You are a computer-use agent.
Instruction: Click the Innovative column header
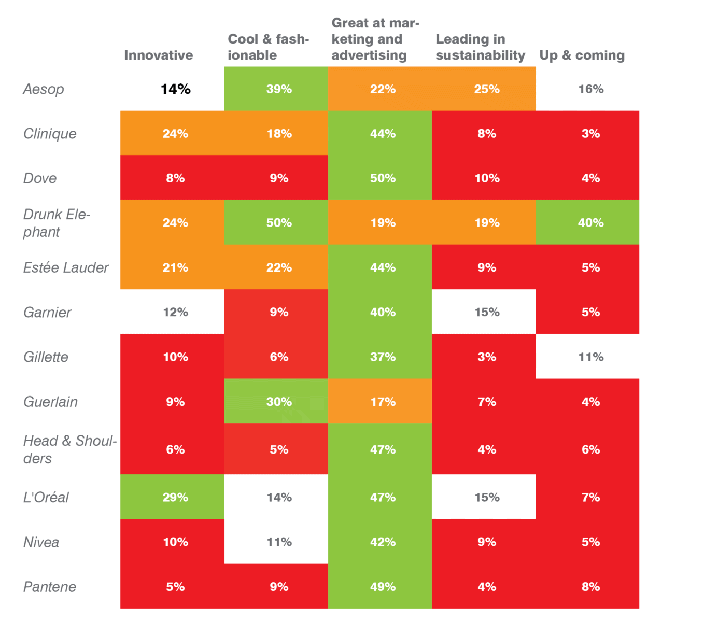tap(158, 55)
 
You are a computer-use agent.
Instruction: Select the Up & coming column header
tap(582, 55)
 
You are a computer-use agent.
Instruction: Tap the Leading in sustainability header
tap(480, 47)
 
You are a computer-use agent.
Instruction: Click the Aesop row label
tap(44, 89)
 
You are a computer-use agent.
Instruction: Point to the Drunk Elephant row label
tap(57, 223)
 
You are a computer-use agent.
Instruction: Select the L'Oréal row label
tap(46, 498)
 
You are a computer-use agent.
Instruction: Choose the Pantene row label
tap(50, 587)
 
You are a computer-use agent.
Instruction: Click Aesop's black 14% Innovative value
tap(175, 89)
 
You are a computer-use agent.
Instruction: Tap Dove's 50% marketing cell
tap(383, 178)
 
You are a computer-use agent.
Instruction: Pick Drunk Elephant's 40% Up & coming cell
tap(590, 223)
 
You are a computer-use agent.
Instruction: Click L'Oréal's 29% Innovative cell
tap(175, 498)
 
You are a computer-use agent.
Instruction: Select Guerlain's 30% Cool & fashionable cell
tap(279, 402)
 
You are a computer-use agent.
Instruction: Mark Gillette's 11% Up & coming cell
tap(590, 357)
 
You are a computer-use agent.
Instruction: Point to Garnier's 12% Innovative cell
tap(175, 313)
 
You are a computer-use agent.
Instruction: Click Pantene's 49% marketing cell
tap(383, 587)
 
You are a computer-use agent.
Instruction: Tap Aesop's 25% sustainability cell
tap(487, 89)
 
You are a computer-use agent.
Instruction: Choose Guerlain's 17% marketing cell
tap(383, 402)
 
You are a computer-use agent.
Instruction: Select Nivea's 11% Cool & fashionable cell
tap(279, 542)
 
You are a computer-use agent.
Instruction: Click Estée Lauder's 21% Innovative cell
tap(175, 268)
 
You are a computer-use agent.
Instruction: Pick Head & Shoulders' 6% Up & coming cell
tap(590, 449)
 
